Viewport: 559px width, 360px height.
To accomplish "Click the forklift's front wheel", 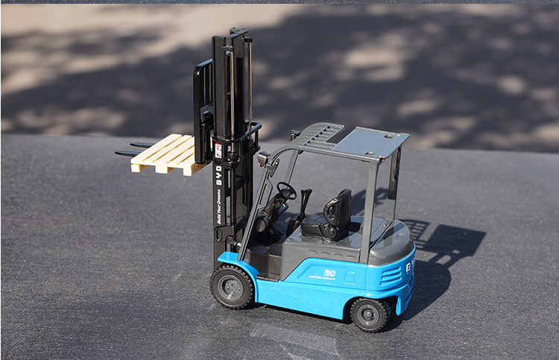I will click(x=233, y=286).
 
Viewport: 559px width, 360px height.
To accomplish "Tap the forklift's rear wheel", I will click(x=370, y=314).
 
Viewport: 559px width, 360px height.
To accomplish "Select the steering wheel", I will click(x=286, y=191).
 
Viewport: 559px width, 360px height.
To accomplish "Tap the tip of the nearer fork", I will click(x=119, y=154).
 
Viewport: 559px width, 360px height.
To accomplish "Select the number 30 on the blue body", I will click(x=329, y=274).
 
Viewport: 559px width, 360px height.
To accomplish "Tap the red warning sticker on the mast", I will click(x=218, y=150).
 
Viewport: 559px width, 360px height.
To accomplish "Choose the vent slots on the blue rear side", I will click(x=392, y=275).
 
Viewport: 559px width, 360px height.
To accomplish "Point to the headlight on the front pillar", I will click(x=263, y=159).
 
